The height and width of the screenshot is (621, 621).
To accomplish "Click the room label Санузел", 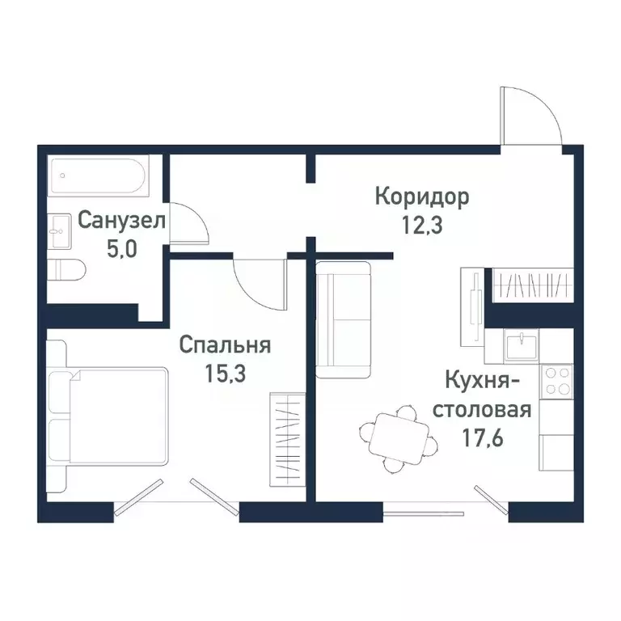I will (x=122, y=220).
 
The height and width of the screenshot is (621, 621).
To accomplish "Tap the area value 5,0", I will (x=122, y=247).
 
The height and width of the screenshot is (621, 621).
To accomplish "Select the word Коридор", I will (x=421, y=196).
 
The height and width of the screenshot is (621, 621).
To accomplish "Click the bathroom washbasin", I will (x=61, y=231).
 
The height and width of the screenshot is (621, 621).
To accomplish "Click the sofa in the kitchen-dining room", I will (x=342, y=319).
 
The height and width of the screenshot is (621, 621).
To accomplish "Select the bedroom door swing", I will (x=260, y=281).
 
